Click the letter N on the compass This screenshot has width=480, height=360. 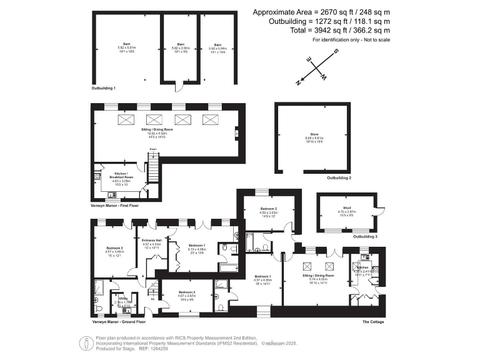[x=299, y=81]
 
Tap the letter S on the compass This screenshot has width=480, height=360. [x=336, y=52]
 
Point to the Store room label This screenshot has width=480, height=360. [x=308, y=137]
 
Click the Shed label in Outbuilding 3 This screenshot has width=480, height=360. [x=347, y=207]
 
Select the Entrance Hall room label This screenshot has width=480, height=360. [x=152, y=240]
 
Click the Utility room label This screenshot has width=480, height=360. [x=123, y=298]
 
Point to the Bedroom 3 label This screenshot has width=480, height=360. [x=187, y=292]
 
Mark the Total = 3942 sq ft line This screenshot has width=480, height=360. [x=342, y=29]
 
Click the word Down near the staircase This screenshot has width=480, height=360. [x=152, y=149]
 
